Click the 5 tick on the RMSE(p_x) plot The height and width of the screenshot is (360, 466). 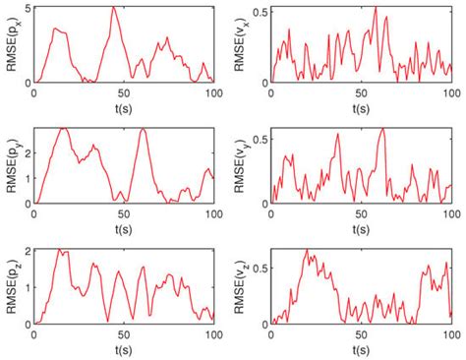(28, 9)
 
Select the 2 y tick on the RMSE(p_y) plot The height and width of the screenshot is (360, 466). (28, 153)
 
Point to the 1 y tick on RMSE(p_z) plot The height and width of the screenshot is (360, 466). (28, 287)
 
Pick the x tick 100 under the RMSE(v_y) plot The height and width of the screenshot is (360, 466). (450, 213)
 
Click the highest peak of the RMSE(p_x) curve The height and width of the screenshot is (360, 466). (114, 8)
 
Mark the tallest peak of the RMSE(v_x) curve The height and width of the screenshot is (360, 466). (376, 9)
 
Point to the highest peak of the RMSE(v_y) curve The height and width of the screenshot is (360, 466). (382, 130)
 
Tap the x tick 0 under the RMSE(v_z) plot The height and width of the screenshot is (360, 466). (274, 334)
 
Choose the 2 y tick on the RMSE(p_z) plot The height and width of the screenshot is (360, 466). (28, 251)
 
